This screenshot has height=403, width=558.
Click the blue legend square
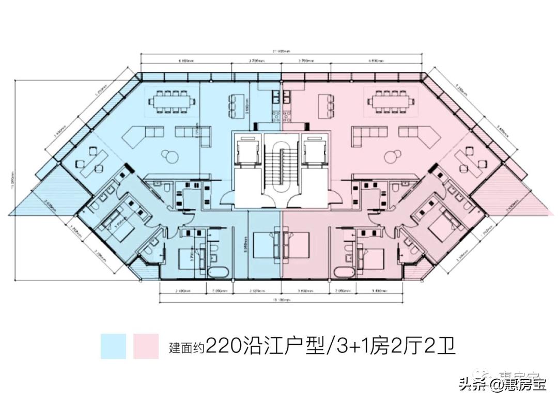pos(114,346)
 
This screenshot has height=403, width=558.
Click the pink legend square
pos(146,346)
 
